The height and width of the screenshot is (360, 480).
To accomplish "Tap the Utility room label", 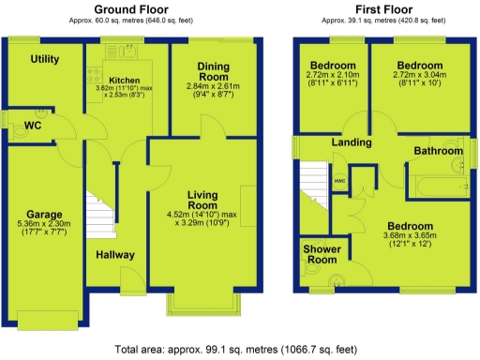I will pyautogui.click(x=44, y=59).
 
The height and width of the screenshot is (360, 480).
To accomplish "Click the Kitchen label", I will pyautogui.click(x=125, y=80).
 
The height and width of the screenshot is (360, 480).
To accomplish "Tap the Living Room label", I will pyautogui.click(x=202, y=199).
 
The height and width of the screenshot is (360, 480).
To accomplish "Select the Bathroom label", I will pyautogui.click(x=440, y=150).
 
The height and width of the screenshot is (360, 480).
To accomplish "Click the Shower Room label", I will pyautogui.click(x=322, y=254).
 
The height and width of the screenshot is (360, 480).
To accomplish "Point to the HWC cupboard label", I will pyautogui.click(x=339, y=179).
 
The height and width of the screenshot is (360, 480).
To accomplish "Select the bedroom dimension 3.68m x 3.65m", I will pyautogui.click(x=411, y=239).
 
